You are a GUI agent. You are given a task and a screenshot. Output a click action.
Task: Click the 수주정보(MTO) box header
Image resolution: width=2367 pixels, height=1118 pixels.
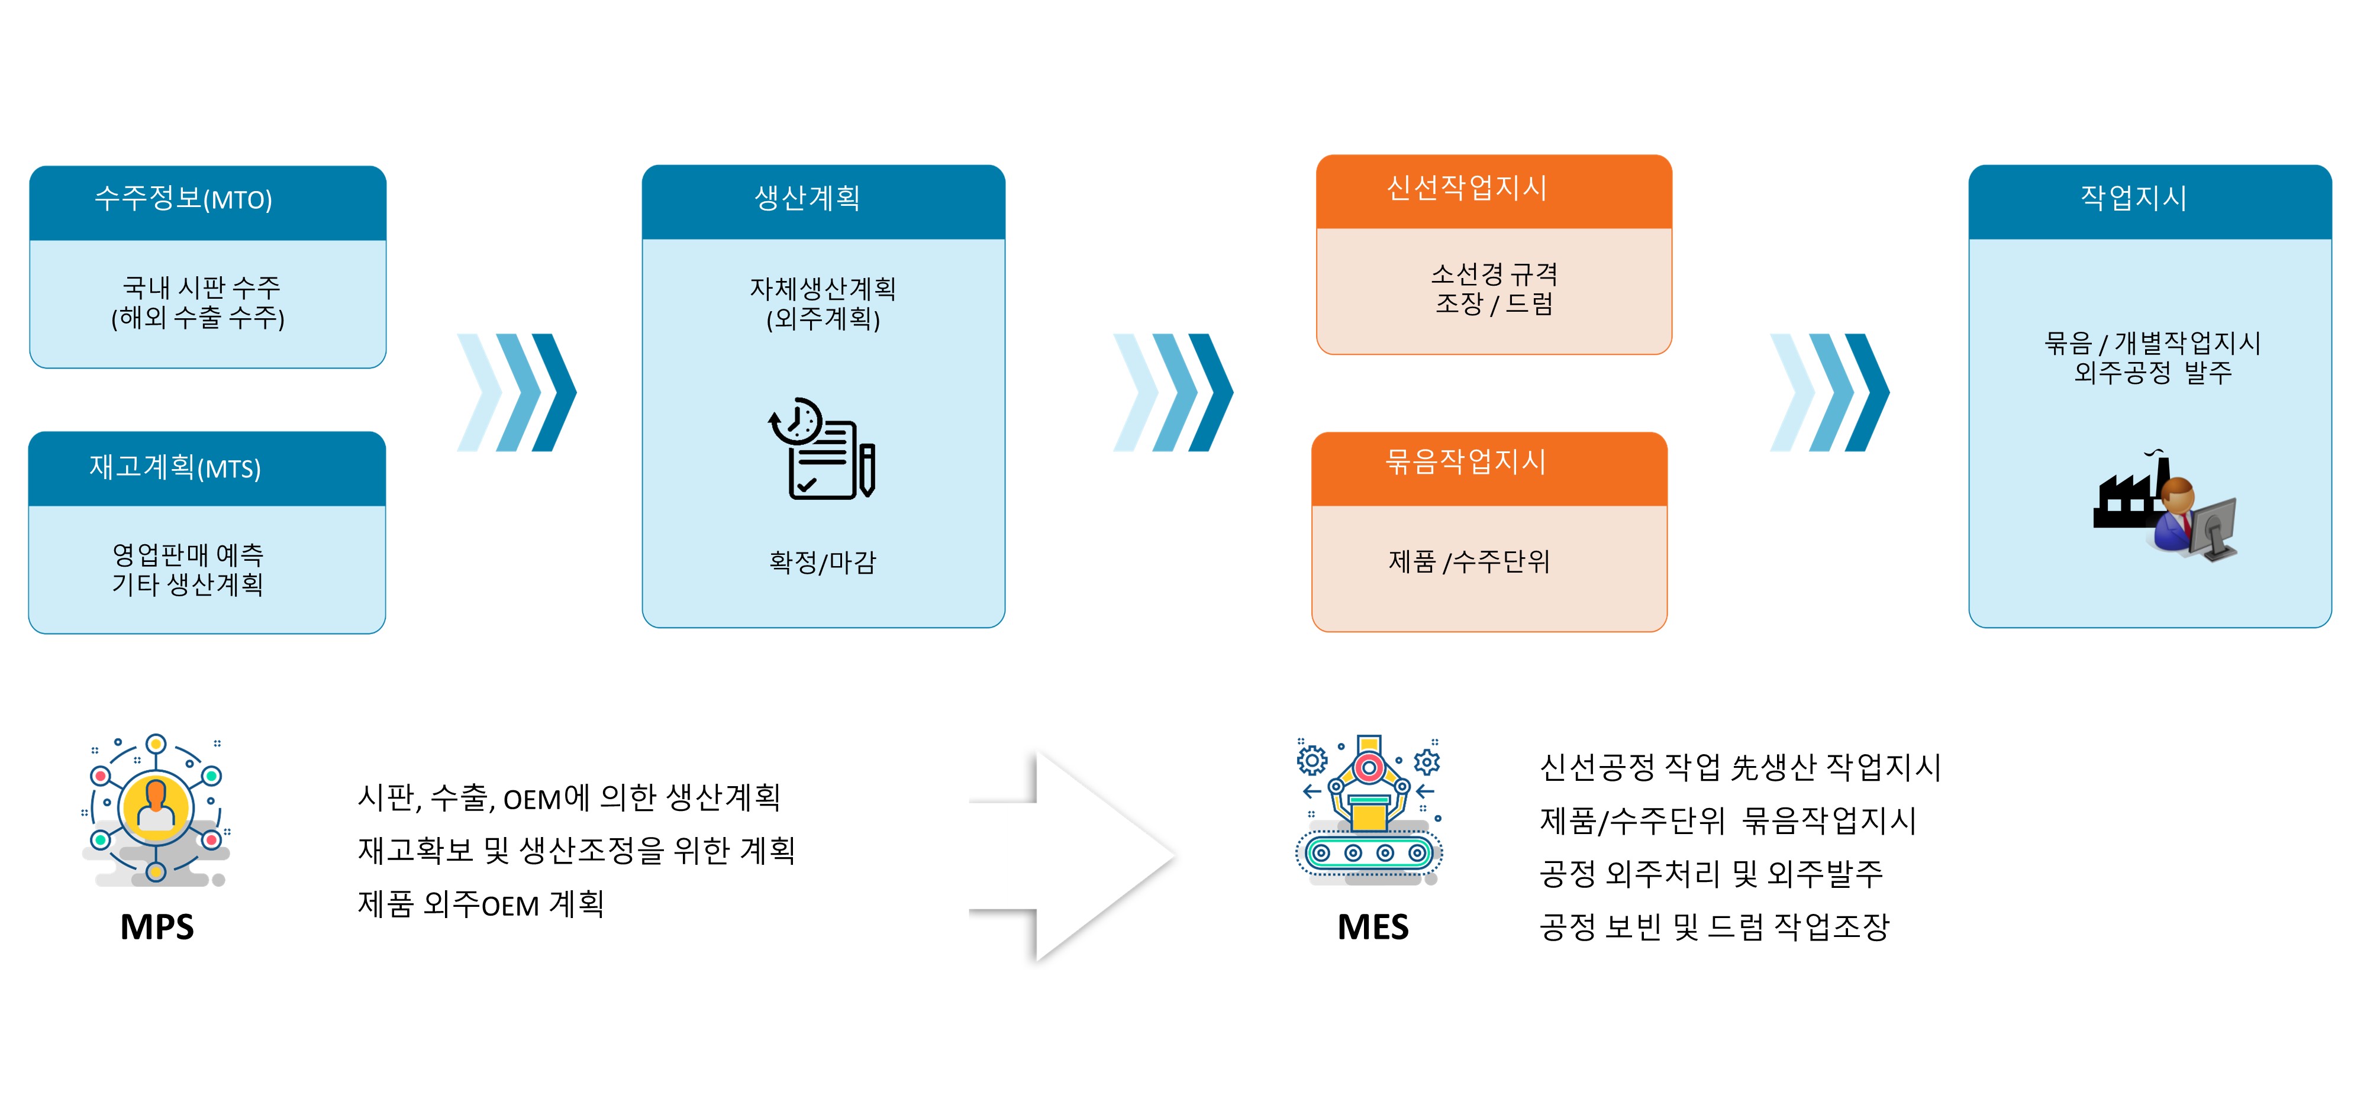(x=208, y=203)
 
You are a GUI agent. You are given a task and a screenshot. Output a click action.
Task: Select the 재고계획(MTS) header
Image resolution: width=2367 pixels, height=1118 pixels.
(x=207, y=468)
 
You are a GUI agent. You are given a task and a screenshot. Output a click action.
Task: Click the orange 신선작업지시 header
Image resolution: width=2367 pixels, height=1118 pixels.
(x=1494, y=191)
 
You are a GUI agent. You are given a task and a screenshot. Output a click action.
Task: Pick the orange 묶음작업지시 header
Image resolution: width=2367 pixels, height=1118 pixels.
(x=1489, y=468)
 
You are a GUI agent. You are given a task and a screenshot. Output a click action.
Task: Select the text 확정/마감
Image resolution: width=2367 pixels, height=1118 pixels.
(x=823, y=561)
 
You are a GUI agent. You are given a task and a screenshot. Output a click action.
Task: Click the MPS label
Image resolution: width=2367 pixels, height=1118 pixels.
(x=157, y=927)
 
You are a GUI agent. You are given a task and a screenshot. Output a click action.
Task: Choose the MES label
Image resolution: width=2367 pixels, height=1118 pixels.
(x=1373, y=927)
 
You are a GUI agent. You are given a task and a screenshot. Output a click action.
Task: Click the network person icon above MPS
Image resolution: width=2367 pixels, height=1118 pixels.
(x=156, y=809)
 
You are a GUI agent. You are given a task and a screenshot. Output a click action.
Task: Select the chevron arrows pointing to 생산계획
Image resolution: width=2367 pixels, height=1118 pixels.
(x=517, y=392)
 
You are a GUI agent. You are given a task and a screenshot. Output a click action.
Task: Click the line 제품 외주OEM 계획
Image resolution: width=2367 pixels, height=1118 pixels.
(x=481, y=904)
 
